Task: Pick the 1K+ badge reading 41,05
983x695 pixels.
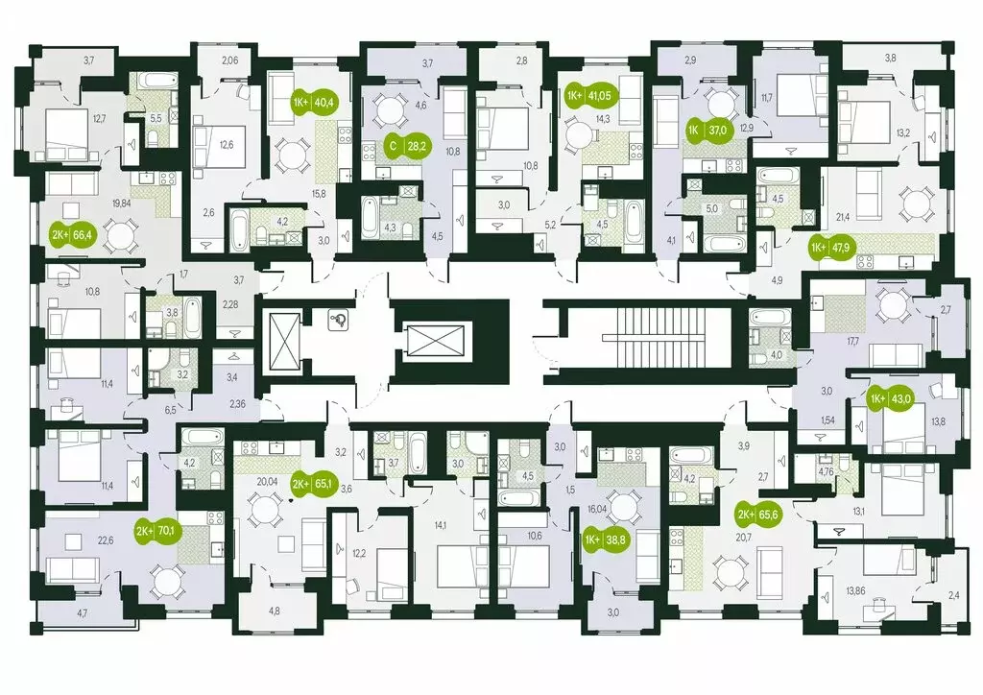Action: pos(589,95)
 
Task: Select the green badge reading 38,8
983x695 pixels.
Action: pos(605,539)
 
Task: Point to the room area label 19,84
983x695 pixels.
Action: pos(121,203)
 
